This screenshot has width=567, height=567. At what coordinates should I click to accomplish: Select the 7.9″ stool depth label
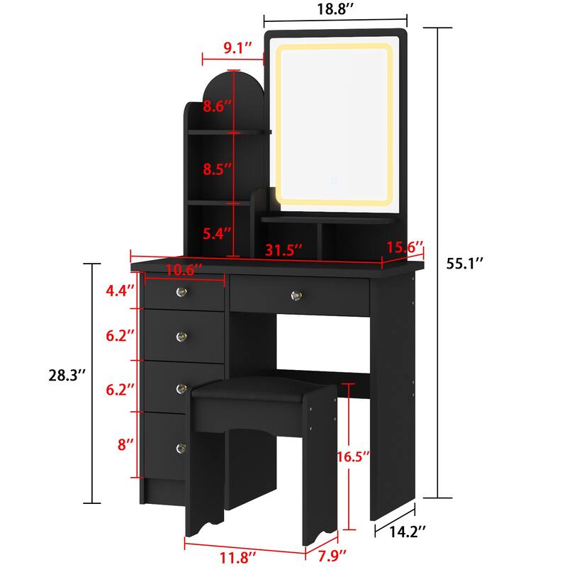tap(331, 554)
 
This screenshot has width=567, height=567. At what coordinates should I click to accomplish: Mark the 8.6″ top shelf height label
tap(218, 108)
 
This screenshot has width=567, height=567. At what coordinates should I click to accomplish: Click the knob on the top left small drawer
tap(181, 291)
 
